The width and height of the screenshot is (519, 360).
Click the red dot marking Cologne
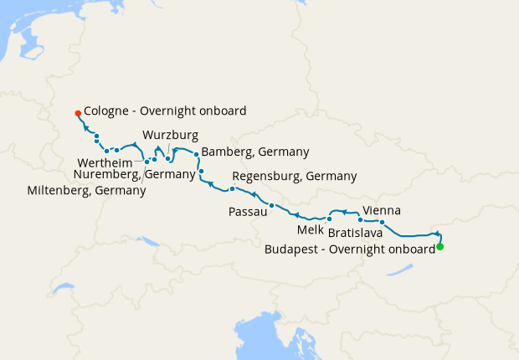[77, 112]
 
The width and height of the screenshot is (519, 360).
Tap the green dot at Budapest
[439, 246]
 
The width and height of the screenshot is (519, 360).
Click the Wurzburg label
[170, 134]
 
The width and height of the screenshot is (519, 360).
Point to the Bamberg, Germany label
[255, 152]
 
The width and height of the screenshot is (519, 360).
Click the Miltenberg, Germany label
[86, 190]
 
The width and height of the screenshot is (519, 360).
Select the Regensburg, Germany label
[294, 176]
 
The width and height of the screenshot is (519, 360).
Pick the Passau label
[247, 213]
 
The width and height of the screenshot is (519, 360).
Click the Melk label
[310, 229]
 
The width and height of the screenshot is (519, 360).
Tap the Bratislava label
[356, 232]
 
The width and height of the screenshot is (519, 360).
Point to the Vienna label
[381, 210]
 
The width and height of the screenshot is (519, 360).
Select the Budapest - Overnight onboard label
[350, 249]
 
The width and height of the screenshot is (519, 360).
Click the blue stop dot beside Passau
[271, 205]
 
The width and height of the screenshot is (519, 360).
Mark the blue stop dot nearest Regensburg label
[232, 188]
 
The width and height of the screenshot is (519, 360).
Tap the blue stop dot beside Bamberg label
[196, 154]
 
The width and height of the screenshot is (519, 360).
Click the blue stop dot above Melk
[330, 219]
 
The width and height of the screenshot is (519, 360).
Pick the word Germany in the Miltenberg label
[122, 190]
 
